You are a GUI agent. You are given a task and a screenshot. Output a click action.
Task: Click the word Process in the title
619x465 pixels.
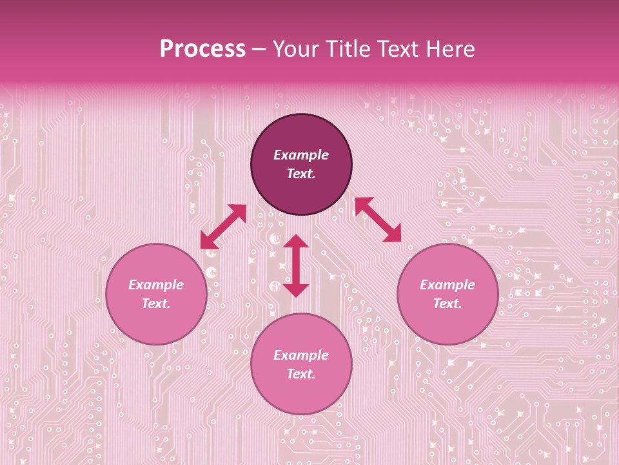tap(202, 49)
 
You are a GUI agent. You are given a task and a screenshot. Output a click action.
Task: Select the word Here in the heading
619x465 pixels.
tap(449, 49)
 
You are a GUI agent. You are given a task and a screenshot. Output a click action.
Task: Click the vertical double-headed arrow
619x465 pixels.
tap(296, 266)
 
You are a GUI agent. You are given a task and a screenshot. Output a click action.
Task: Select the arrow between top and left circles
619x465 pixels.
tap(223, 227)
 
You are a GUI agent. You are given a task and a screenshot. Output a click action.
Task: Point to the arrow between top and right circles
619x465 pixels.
tap(378, 220)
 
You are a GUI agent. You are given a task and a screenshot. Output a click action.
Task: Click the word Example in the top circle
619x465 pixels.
tap(301, 155)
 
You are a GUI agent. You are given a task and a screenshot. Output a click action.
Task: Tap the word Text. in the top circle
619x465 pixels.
tap(301, 174)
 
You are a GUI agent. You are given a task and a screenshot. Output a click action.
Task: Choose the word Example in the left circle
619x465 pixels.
tap(156, 285)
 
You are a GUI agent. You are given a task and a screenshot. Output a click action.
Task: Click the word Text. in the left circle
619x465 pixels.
tap(156, 304)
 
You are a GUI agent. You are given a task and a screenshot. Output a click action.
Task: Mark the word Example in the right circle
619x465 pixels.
tap(447, 285)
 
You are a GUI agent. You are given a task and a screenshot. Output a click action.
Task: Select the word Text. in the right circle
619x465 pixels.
tap(447, 304)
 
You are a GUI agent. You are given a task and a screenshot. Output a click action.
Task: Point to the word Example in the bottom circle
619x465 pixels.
tap(301, 355)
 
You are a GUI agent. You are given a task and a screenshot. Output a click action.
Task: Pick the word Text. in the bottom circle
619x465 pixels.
tap(301, 374)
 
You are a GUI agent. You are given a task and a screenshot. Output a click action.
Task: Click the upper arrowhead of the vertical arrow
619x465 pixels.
tap(296, 241)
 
